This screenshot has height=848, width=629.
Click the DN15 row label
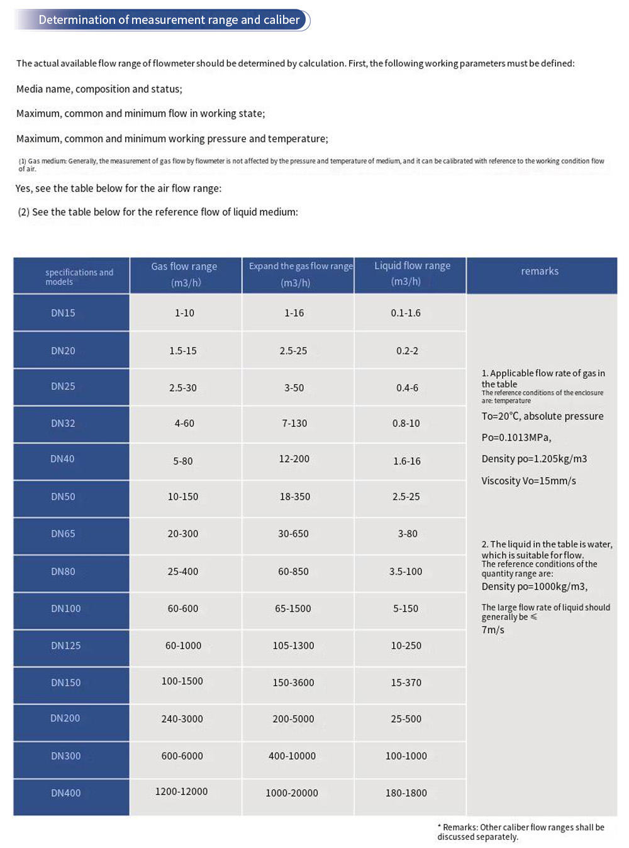[63, 313]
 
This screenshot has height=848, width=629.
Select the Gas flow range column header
[184, 275]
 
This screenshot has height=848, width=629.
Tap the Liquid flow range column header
[412, 274]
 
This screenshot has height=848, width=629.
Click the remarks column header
[540, 272]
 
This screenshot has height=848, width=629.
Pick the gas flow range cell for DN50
[183, 497]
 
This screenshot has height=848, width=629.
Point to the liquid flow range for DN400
[406, 793]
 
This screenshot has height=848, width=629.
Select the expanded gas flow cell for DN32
[294, 424]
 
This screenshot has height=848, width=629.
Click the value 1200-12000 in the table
[181, 791]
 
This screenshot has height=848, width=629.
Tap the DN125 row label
[66, 646]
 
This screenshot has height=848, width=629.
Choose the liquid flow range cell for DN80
[406, 571]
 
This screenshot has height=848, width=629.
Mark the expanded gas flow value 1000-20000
[292, 793]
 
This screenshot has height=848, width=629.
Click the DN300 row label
[66, 756]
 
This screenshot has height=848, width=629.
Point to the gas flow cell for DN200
[182, 719]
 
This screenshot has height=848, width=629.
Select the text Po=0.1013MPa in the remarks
[516, 438]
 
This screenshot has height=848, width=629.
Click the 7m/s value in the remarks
[493, 630]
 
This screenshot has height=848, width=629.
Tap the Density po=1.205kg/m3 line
[534, 460]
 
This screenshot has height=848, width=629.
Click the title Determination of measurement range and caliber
[169, 20]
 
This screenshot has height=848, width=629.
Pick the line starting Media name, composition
[99, 89]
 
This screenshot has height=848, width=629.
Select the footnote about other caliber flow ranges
[521, 832]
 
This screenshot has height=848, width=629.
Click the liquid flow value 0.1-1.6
[406, 313]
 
